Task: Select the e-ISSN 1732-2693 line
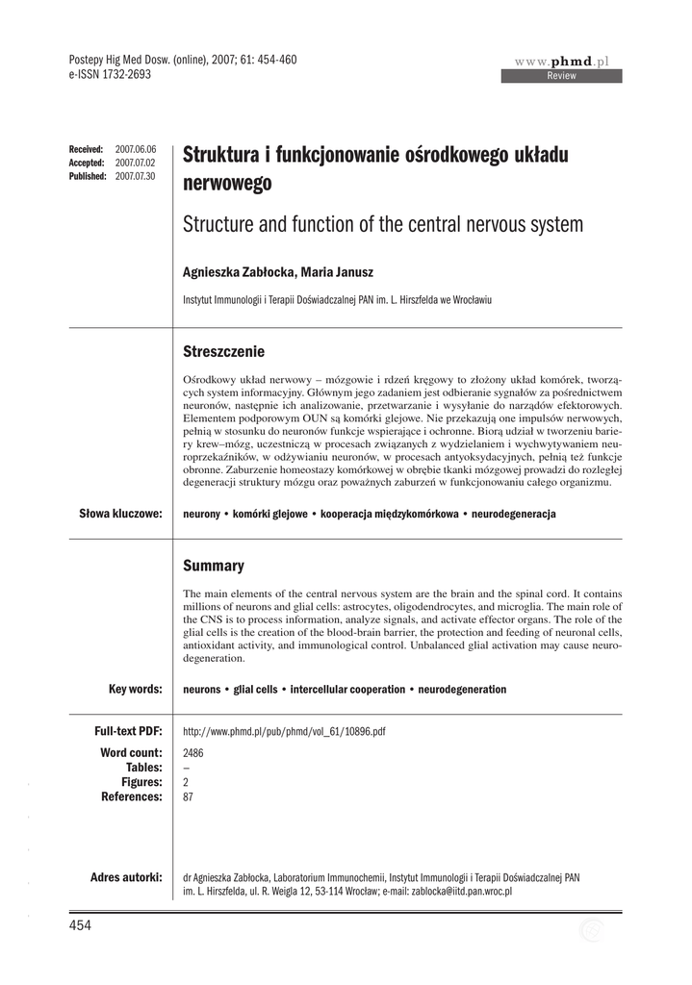[111, 74]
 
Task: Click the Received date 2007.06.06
[135, 150]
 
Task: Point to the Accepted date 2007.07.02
[135, 164]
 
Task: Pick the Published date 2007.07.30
[135, 177]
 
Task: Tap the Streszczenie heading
[223, 352]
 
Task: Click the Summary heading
[213, 567]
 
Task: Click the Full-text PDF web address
[284, 732]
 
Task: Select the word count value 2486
[192, 752]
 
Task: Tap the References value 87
[188, 796]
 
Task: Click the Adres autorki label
[125, 877]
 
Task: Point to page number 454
[79, 925]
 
